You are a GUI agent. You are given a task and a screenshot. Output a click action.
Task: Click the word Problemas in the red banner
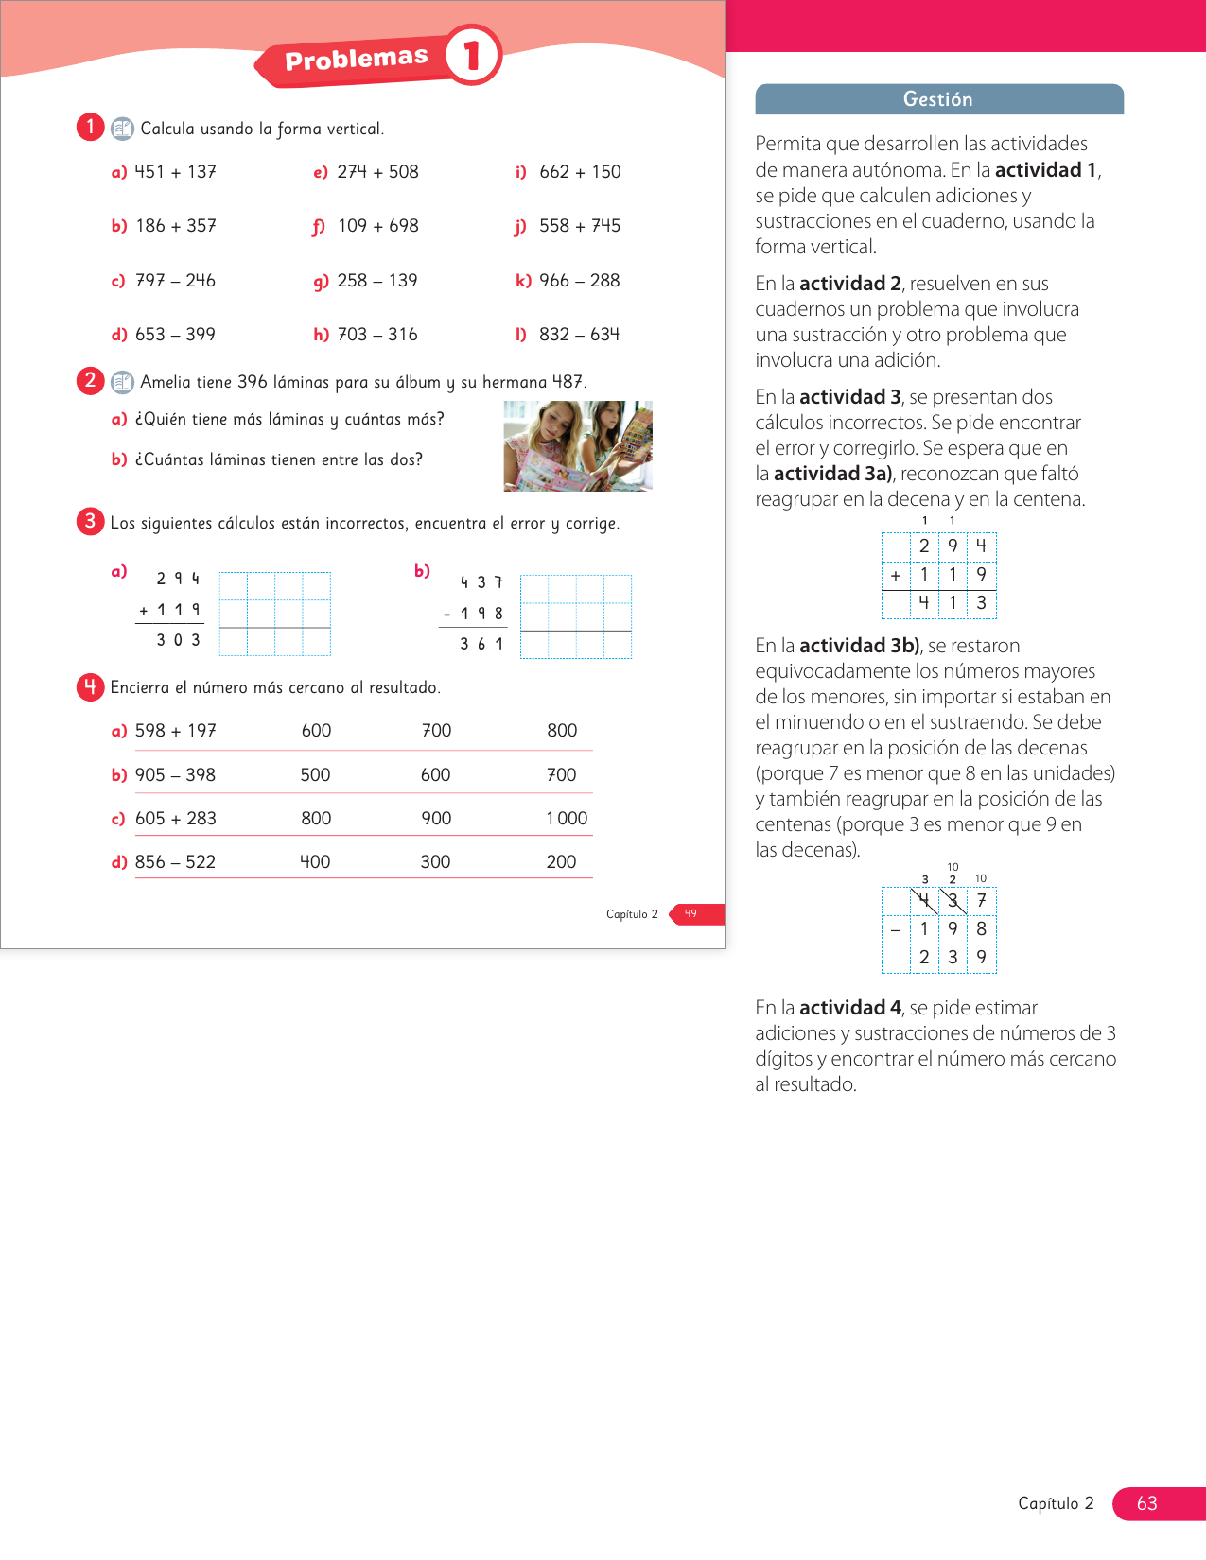click(357, 58)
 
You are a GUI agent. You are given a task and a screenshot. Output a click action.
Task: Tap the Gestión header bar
click(939, 99)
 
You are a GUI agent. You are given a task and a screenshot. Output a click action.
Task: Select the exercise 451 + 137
click(175, 171)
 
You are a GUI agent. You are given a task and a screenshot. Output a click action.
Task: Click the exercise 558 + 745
click(580, 225)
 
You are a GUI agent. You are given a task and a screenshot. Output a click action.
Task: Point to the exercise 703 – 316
click(377, 334)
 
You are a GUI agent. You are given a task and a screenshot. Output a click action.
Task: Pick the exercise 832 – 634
click(579, 334)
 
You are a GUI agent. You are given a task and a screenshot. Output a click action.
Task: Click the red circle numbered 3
click(90, 521)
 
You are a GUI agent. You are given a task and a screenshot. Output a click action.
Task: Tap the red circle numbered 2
click(90, 380)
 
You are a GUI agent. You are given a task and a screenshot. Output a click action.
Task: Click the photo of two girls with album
click(578, 446)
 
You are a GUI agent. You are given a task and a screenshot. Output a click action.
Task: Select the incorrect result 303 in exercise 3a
click(178, 640)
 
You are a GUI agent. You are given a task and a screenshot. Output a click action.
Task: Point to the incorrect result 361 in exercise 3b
click(481, 644)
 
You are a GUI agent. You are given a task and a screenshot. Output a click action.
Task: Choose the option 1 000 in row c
click(567, 818)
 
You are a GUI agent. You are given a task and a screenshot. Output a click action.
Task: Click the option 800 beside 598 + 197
click(562, 730)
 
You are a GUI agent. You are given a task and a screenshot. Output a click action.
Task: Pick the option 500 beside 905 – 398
click(315, 774)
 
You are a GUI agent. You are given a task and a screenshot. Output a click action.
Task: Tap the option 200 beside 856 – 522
click(561, 861)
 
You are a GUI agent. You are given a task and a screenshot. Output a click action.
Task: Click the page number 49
click(690, 913)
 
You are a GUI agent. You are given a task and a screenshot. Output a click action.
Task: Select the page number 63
click(1147, 1503)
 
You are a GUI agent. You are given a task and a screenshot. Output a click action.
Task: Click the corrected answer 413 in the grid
click(953, 602)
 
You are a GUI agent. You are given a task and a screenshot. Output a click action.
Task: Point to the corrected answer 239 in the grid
click(953, 957)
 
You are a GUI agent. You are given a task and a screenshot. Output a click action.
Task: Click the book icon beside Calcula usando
click(122, 129)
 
